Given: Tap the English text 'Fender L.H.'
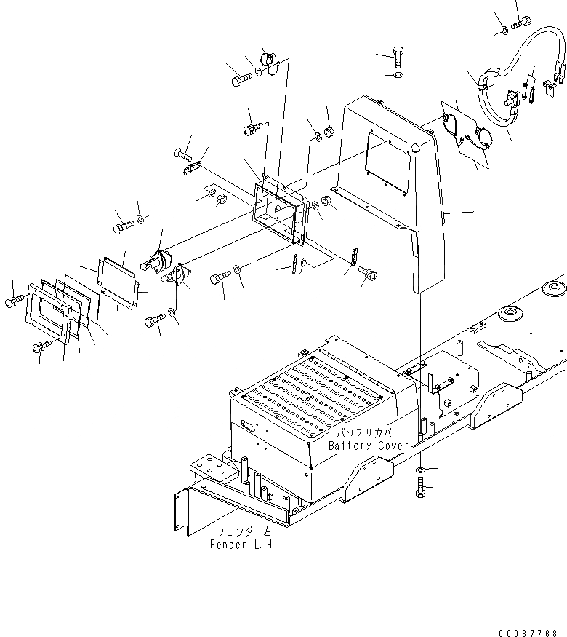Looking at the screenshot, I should coord(243,544).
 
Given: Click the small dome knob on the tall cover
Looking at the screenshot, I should coord(414,148).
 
